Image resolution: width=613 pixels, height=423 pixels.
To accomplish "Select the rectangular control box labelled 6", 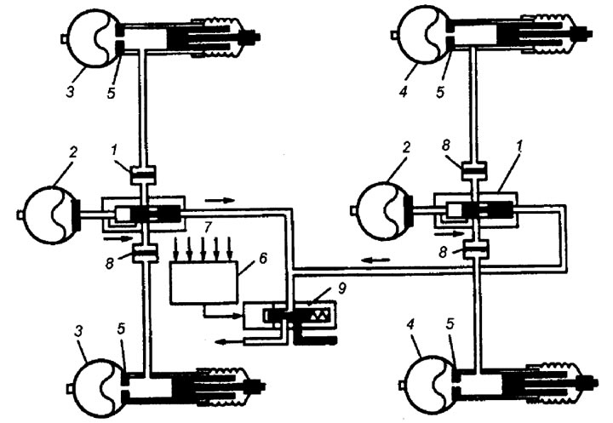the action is coord(203,282).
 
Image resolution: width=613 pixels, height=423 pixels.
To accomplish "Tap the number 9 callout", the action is coord(341,289).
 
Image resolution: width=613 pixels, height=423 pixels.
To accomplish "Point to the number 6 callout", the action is coord(263,259).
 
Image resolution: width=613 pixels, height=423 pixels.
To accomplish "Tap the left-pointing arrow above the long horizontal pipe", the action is coord(375,260).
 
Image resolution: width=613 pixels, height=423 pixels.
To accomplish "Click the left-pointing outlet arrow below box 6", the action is coord(230,342).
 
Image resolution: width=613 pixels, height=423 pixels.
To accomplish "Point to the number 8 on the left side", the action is coord(110,263).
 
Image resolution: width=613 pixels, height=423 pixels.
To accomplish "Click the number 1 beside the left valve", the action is coord(114,150).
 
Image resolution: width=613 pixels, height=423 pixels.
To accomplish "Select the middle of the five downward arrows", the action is coord(203,249).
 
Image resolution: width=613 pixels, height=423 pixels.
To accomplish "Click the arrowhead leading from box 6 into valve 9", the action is coord(239,316).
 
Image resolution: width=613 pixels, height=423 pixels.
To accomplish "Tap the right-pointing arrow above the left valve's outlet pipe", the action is coord(220,201).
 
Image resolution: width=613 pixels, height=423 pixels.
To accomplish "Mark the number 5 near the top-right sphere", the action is coord(441,91).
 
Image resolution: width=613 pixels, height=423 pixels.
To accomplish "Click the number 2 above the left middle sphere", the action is coord(74,152).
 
